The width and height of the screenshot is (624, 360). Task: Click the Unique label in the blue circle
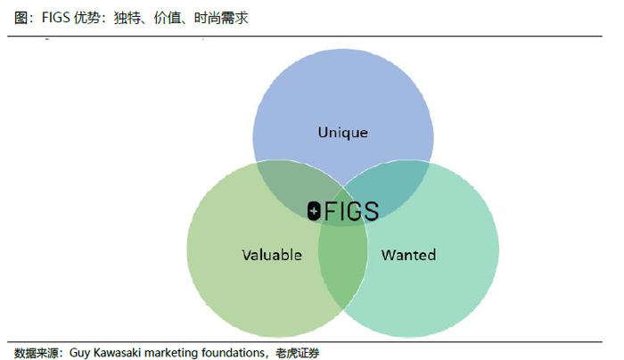coord(342,133)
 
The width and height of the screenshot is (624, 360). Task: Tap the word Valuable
coord(272,255)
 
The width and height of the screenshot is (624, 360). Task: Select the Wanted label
coord(408,255)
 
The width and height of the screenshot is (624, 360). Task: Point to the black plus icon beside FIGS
coord(314,211)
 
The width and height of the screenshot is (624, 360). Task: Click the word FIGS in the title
coord(55,18)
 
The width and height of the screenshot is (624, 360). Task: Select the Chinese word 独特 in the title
coord(127,18)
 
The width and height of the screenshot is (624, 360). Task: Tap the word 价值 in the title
coord(168,18)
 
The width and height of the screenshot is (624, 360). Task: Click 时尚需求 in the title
coord(221,18)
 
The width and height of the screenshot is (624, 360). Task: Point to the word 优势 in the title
coord(87,18)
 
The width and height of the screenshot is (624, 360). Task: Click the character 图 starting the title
coord(21,18)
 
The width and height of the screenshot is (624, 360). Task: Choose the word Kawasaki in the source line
coord(117,353)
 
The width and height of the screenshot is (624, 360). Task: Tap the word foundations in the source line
coord(233,353)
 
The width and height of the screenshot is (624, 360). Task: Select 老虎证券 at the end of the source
coord(297,353)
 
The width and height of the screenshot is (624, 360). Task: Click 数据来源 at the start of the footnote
coord(36,353)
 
